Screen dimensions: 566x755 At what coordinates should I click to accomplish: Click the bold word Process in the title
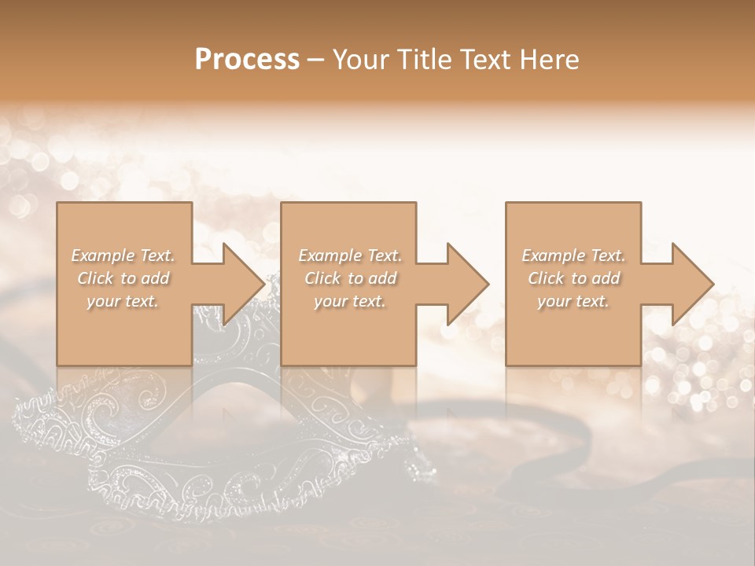coord(247,60)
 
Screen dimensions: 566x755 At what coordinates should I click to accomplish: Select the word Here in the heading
coord(551,60)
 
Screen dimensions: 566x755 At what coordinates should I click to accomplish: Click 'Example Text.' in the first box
coord(123,255)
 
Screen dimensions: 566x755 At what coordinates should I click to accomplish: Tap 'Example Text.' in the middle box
coord(349,255)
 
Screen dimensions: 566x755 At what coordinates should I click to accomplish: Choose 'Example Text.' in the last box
coord(573,255)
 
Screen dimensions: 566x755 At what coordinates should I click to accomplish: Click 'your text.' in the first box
coord(123,301)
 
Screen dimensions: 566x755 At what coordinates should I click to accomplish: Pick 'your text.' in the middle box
coord(349,301)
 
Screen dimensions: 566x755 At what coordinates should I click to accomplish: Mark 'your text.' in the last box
coord(573,301)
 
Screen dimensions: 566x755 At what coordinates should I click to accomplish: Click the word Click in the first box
coord(95,278)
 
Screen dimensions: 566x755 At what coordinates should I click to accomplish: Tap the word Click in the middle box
coord(322,278)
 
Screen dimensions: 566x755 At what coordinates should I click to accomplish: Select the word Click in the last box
coord(546,278)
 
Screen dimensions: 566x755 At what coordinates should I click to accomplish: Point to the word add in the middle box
coord(382,278)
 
